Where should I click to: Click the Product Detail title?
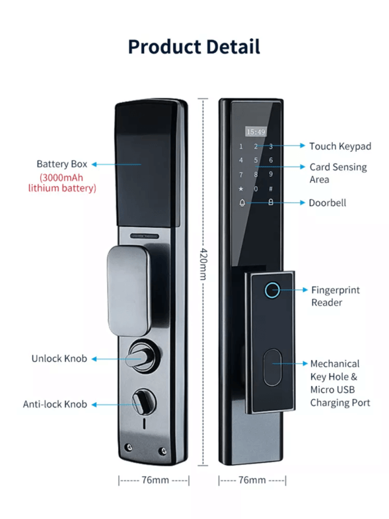coord(194,47)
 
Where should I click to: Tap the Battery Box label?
coord(62,164)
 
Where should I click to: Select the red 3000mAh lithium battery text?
coord(62,183)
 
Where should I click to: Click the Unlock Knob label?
coord(59,358)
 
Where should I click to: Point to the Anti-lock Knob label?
coord(55,404)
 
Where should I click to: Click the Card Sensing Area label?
coord(338,173)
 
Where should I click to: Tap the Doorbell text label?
coord(327,202)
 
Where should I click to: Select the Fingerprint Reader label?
coord(335,296)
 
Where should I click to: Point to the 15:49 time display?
coord(255,132)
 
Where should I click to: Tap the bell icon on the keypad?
coord(242,202)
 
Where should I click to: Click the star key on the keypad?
coord(241,189)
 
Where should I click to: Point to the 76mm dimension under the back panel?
coord(154,481)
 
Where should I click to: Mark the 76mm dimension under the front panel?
coord(252,481)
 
